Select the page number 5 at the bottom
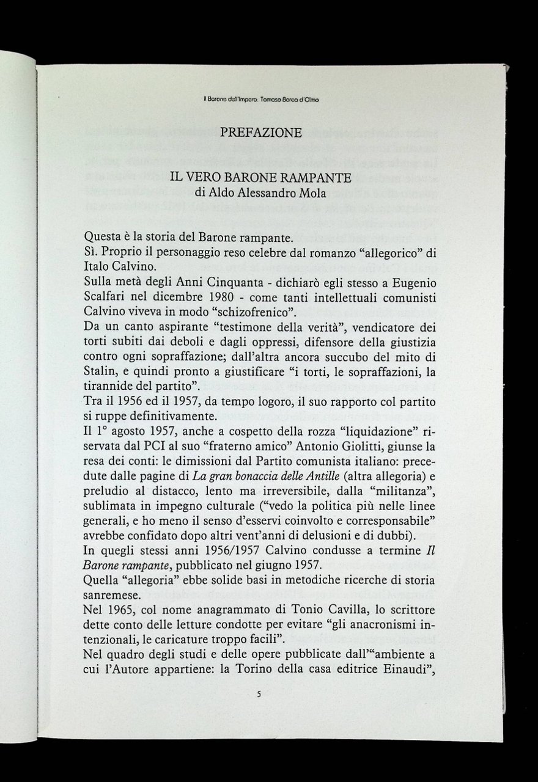click(259, 694)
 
